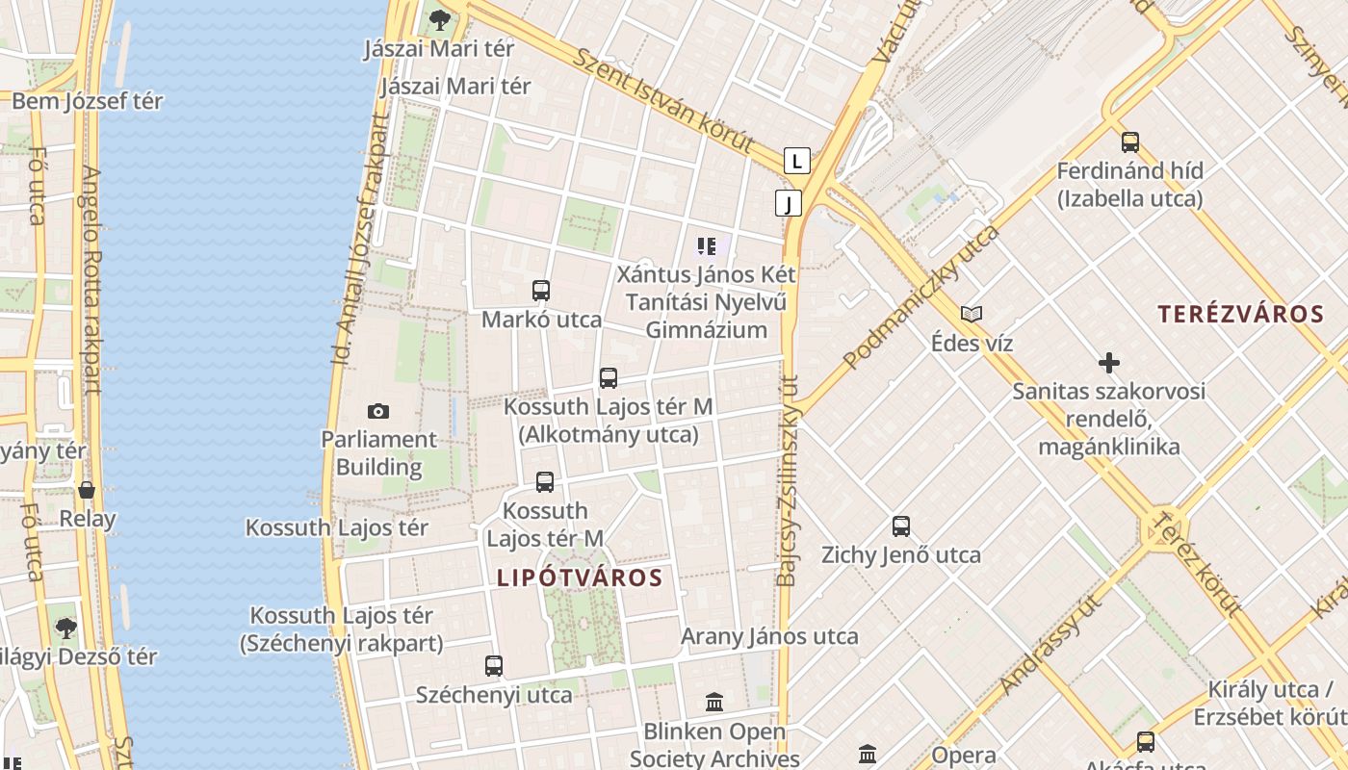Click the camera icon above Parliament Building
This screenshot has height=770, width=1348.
tap(378, 412)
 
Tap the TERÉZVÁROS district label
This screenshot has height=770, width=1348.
tap(1240, 314)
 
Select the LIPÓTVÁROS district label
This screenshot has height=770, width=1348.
tap(580, 578)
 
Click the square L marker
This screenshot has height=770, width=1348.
tap(796, 161)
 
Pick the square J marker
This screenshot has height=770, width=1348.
tap(789, 203)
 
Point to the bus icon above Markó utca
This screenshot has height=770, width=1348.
tap(541, 291)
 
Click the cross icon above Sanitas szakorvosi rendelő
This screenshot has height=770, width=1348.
tap(1109, 363)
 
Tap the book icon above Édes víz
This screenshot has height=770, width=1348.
tap(972, 314)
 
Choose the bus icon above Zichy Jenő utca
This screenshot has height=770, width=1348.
tap(901, 526)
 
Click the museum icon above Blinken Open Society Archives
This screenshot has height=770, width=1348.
tap(714, 703)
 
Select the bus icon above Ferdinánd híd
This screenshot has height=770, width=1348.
tap(1130, 142)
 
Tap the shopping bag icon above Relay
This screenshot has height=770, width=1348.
tap(87, 490)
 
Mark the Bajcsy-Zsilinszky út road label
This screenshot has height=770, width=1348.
tap(788, 481)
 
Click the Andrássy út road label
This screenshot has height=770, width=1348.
tap(1050, 645)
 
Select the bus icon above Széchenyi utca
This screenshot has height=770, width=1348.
tap(494, 665)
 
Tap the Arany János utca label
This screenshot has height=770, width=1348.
tap(769, 636)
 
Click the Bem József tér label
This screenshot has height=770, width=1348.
tap(88, 101)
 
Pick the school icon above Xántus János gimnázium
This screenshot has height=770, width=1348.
tap(708, 246)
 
